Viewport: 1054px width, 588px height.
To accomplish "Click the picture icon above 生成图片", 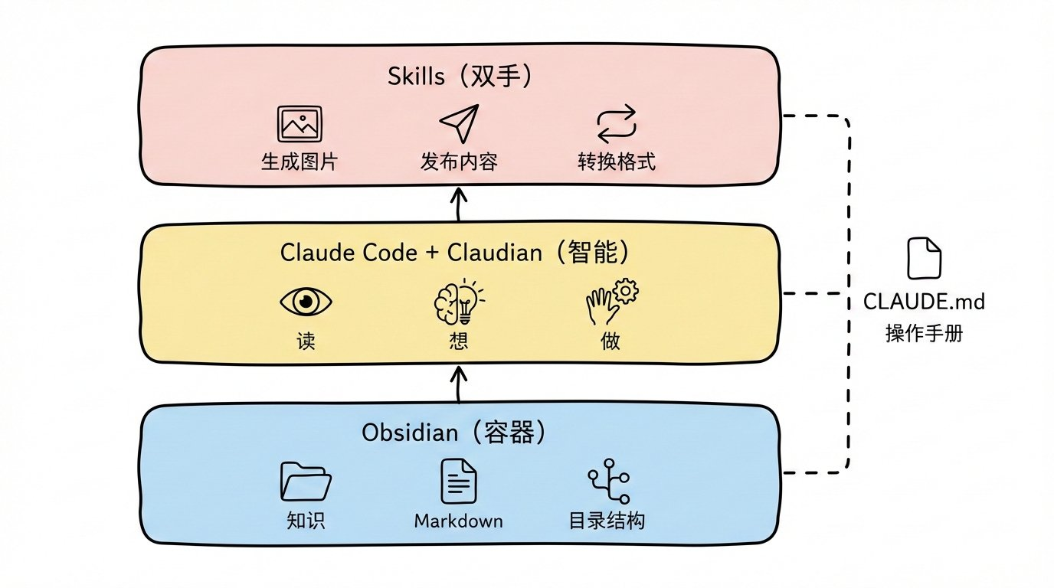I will coord(299,124).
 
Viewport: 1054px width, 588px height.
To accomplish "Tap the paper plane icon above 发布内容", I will coord(458,124).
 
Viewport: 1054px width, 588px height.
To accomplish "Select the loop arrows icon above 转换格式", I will coord(617,124).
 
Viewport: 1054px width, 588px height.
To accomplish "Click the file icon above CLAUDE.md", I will coord(924,259).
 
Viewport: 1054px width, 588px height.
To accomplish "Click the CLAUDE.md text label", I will coord(924,302).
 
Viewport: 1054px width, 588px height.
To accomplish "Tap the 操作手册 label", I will coord(924,335).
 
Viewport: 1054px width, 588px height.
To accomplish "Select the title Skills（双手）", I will coord(460,77).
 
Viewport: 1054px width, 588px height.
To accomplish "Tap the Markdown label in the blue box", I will coord(458,521).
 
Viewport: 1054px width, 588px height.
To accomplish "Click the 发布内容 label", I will coord(458,162).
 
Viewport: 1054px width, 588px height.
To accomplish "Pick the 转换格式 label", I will coord(617,162).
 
